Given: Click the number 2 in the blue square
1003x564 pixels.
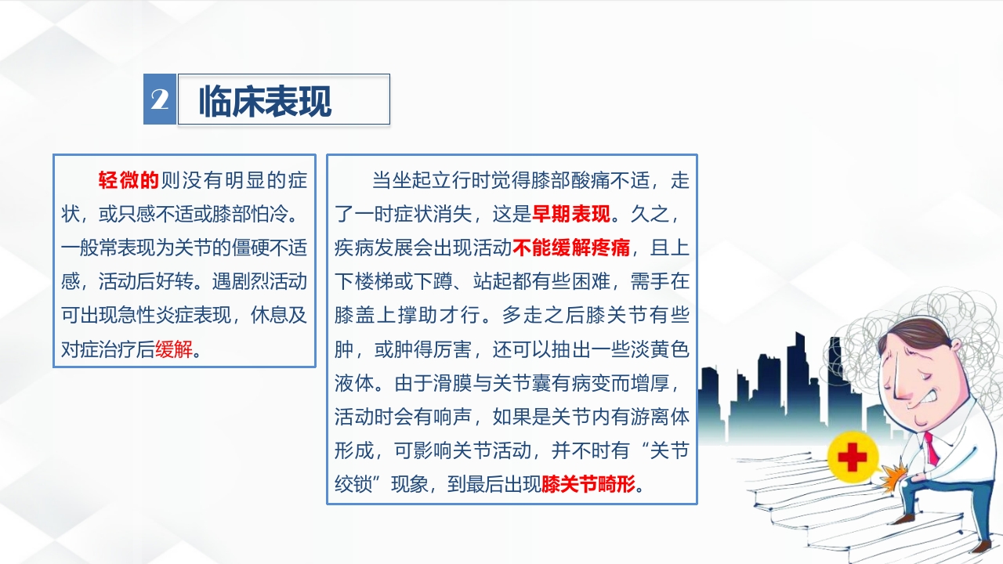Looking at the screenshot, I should pyautogui.click(x=160, y=99).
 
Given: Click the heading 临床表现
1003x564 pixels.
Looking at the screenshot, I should pyautogui.click(x=265, y=100).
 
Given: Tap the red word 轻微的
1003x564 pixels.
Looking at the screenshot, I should pyautogui.click(x=129, y=181).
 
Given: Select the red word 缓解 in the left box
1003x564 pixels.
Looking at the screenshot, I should pyautogui.click(x=174, y=349).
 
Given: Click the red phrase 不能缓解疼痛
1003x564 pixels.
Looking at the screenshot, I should pyautogui.click(x=571, y=248).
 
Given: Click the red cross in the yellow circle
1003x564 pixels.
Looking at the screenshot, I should pyautogui.click(x=853, y=456).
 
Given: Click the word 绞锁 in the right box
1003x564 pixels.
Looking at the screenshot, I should pyautogui.click(x=353, y=483).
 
